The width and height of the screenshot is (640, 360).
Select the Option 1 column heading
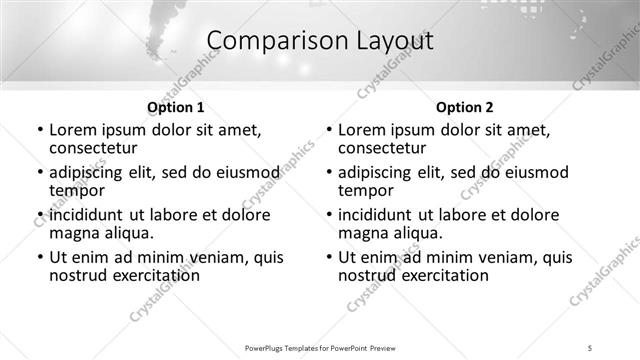pyautogui.click(x=176, y=107)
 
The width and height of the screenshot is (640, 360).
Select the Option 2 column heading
pyautogui.click(x=464, y=107)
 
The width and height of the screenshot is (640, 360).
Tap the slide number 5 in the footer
pyautogui.click(x=591, y=348)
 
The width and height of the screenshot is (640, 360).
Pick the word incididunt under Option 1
pyautogui.click(x=90, y=215)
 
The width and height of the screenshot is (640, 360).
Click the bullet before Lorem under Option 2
pyautogui.click(x=328, y=130)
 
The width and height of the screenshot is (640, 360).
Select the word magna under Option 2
pyautogui.click(x=364, y=233)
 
